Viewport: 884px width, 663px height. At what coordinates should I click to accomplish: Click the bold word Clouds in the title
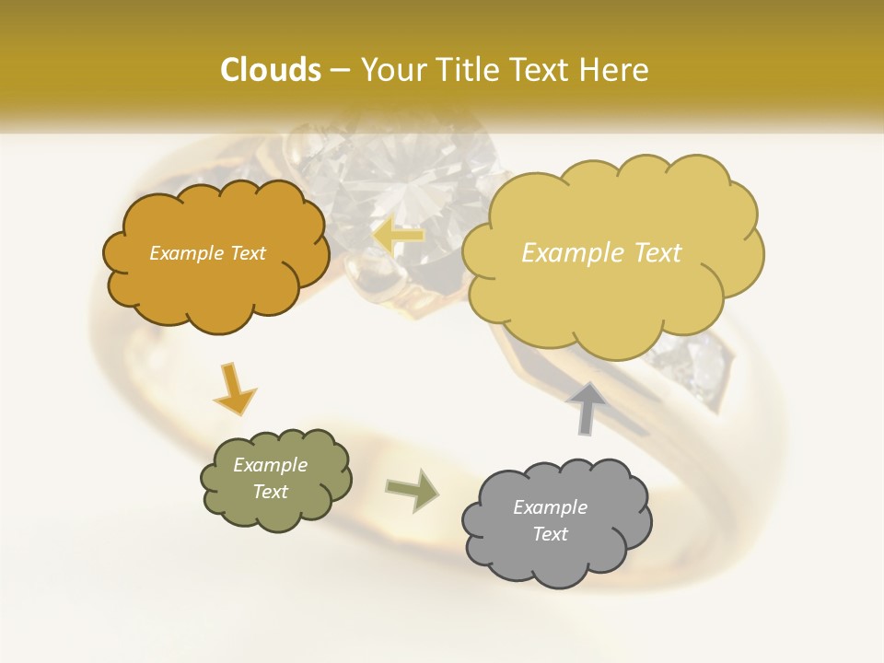point(270,70)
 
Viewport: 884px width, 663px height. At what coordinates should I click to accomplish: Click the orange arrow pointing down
point(234,388)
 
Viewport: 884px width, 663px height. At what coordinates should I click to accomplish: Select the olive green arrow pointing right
point(412,490)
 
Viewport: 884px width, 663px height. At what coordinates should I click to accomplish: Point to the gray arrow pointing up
point(586,406)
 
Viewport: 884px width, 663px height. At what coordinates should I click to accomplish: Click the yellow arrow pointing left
point(399,235)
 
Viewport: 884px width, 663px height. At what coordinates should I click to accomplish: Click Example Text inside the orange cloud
point(207,253)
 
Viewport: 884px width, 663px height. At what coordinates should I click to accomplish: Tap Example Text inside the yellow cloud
point(601,253)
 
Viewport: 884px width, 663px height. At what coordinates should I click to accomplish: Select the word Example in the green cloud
point(270,465)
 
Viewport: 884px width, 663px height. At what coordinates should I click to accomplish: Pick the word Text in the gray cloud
point(550,534)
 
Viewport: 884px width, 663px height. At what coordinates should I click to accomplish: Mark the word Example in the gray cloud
point(550,507)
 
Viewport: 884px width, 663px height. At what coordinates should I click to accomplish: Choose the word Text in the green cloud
point(270,492)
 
